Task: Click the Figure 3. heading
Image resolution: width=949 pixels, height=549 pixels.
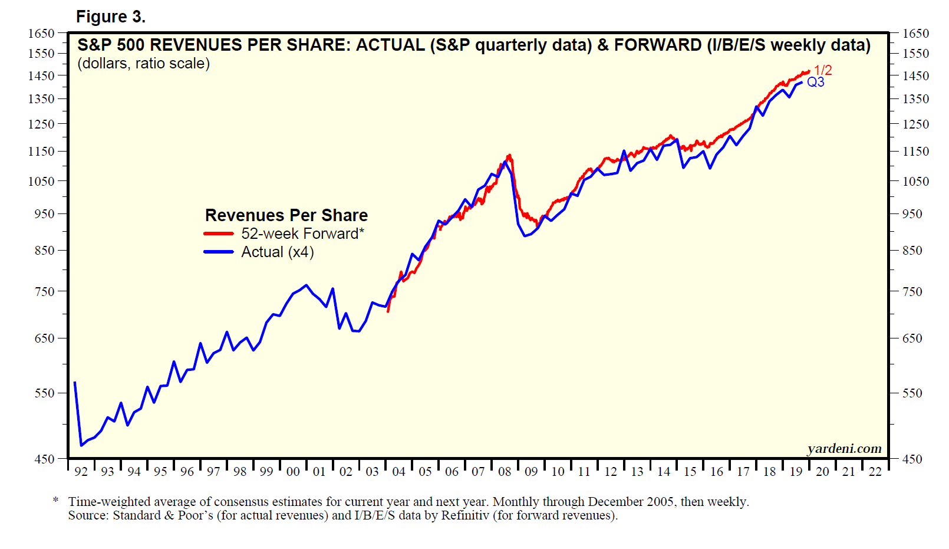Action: click(110, 17)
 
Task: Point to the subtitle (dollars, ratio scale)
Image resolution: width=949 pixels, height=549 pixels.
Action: click(143, 64)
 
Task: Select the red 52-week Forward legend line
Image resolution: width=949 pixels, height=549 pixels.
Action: click(219, 234)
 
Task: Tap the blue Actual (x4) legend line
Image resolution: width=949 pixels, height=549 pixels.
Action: click(219, 252)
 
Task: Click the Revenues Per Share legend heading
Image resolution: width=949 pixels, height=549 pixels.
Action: click(286, 215)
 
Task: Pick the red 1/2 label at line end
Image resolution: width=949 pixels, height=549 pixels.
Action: click(823, 70)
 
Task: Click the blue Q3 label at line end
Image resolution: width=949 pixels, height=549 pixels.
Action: click(816, 82)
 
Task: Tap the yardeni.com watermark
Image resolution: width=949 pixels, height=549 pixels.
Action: click(844, 449)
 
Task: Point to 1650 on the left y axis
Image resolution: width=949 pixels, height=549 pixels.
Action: click(41, 34)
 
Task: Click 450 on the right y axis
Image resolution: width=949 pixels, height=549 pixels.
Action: click(912, 459)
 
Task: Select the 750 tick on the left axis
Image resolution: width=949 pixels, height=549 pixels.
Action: click(45, 291)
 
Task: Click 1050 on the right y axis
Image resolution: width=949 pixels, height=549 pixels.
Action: click(915, 182)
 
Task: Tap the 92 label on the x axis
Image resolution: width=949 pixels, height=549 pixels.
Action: click(81, 472)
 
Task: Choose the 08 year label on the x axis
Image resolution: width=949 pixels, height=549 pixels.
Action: click(505, 472)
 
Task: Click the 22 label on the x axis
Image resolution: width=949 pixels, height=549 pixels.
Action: click(875, 472)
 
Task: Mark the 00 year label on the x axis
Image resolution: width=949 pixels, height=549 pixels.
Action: click(293, 472)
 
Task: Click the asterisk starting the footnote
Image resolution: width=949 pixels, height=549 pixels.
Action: click(55, 501)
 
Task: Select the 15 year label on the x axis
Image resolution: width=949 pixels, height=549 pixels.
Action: click(690, 472)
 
